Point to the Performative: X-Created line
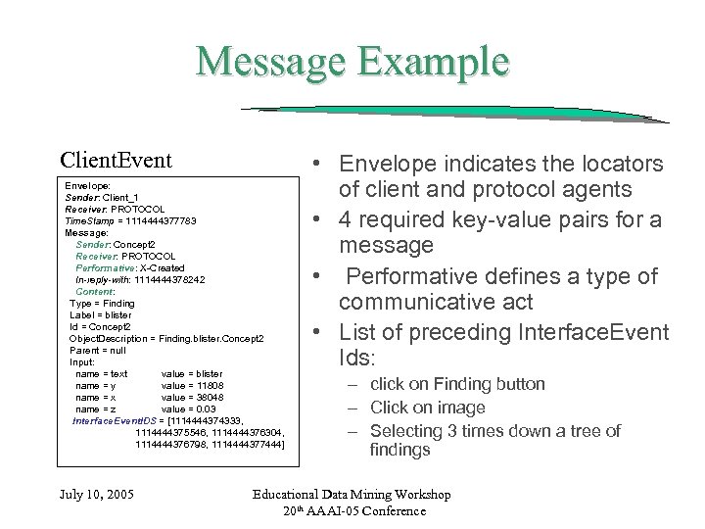pyautogui.click(x=129, y=267)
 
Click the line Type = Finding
pyautogui.click(x=103, y=303)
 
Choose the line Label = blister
pyautogui.click(x=101, y=314)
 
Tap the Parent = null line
pyautogui.click(x=99, y=350)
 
